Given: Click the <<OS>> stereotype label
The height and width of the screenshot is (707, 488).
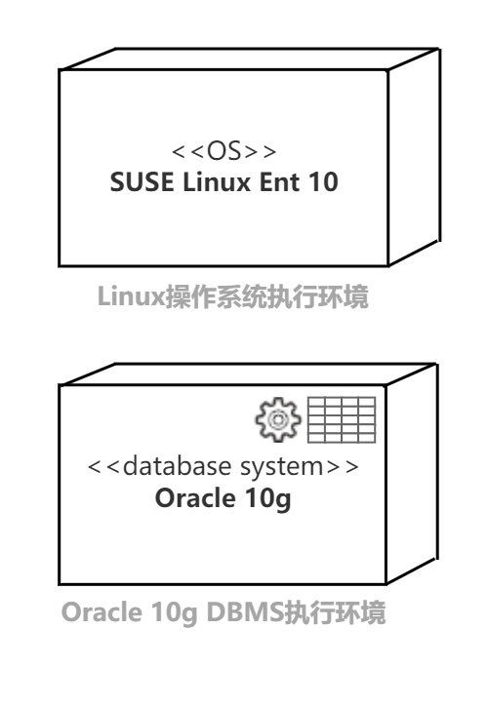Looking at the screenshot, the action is [x=224, y=151].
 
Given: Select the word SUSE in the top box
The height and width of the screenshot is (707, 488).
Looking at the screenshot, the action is [x=142, y=181].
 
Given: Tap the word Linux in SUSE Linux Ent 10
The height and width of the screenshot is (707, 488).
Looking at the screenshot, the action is [x=217, y=181].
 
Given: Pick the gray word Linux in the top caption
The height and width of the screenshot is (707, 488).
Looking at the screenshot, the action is [x=132, y=296].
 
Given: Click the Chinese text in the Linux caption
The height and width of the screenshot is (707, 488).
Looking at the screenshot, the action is [x=267, y=296].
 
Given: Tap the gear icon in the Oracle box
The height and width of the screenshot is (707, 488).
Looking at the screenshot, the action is [x=277, y=419].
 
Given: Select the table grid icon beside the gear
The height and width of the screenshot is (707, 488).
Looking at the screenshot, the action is [x=342, y=419].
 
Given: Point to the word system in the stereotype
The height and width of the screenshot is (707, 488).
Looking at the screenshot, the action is [x=282, y=468].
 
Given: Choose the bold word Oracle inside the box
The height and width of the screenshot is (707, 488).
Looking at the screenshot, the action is [x=195, y=497].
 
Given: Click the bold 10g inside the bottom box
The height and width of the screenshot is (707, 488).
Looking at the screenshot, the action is [x=267, y=499].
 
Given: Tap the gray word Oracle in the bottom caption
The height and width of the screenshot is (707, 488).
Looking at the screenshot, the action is [x=102, y=611].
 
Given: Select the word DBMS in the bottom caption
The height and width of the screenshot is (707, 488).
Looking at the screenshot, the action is [x=245, y=611].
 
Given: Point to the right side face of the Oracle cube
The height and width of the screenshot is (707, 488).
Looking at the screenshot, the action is [x=412, y=473].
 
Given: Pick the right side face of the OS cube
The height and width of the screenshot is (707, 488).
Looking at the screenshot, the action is [x=414, y=157].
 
